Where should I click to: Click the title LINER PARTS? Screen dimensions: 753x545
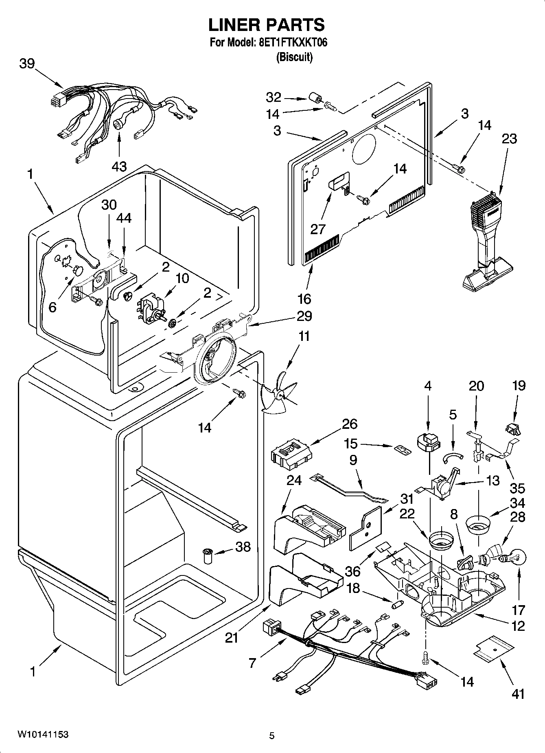[267, 25]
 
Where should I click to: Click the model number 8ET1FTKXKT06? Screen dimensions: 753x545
[293, 43]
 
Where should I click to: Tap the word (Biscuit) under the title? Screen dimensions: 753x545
[294, 57]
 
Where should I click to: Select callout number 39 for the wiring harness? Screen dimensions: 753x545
[27, 64]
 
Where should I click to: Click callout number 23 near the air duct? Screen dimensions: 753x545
[509, 138]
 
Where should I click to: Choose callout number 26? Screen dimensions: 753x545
[349, 424]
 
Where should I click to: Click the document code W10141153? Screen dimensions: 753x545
[42, 734]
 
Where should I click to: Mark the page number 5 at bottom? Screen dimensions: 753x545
[272, 735]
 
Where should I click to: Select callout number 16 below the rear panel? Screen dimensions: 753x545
[304, 299]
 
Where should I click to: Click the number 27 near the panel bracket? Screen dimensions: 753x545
[318, 229]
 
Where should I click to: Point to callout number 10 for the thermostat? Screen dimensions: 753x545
[182, 279]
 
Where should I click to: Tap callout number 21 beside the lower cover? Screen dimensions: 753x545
[231, 638]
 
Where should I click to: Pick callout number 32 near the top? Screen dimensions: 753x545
[274, 97]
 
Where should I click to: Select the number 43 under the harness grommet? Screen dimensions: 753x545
[119, 166]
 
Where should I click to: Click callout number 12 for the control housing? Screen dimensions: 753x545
[518, 626]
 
